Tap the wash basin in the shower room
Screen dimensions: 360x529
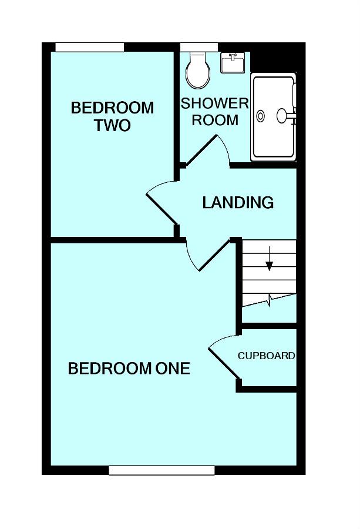pyautogui.click(x=233, y=62)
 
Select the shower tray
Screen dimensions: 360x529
pyautogui.click(x=274, y=117)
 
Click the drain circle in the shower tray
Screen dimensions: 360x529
pyautogui.click(x=261, y=116)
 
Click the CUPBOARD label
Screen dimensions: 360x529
pyautogui.click(x=266, y=356)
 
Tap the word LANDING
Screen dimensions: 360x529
pyautogui.click(x=238, y=202)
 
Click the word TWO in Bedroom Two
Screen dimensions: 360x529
pyautogui.click(x=112, y=125)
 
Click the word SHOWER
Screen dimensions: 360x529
pyautogui.click(x=215, y=103)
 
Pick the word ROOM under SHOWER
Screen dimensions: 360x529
pyautogui.click(x=215, y=120)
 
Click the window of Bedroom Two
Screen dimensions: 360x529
pyautogui.click(x=90, y=47)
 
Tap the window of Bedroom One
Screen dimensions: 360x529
pyautogui.click(x=162, y=470)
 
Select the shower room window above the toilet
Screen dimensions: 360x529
pyautogui.click(x=199, y=47)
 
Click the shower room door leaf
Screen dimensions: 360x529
pyautogui.click(x=201, y=150)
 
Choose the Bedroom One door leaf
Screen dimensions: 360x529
pyautogui.click(x=218, y=255)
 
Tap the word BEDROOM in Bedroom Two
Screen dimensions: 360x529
pyautogui.click(x=112, y=108)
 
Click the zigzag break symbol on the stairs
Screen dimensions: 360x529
pyautogui.click(x=270, y=300)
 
